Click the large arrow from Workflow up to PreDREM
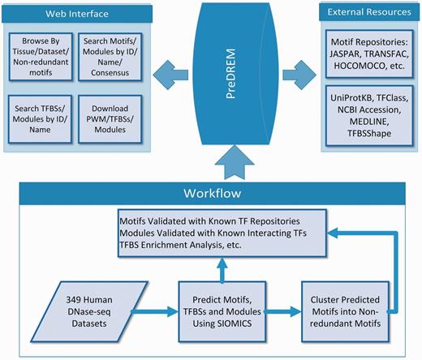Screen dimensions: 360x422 point(212,165)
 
